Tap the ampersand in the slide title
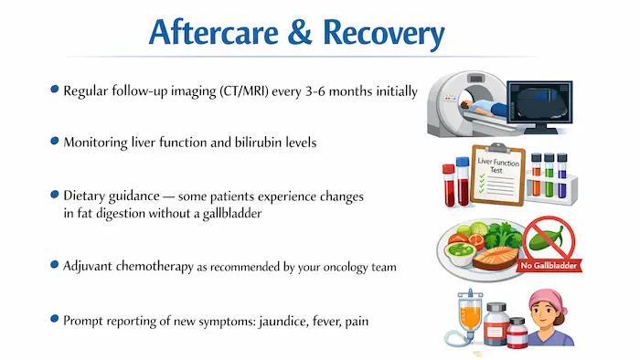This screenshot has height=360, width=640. (293, 35)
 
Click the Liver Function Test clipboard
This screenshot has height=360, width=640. (497, 170)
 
